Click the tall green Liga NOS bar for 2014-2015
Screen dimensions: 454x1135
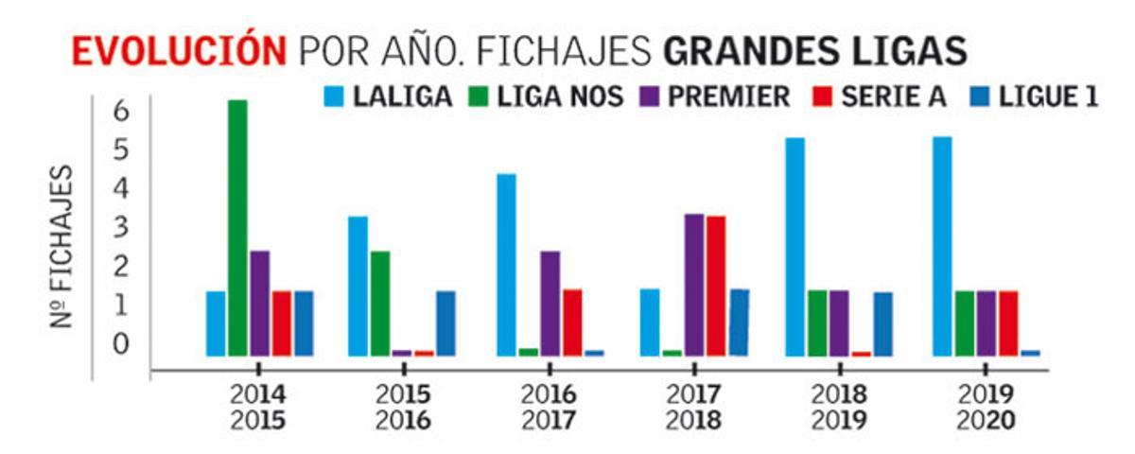coord(237,228)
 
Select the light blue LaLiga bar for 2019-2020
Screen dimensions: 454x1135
coord(941,247)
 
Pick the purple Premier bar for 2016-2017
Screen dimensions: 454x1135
coord(550,303)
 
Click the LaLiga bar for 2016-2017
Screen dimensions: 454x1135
coord(506,265)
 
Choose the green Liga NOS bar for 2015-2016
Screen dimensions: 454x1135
coord(380,303)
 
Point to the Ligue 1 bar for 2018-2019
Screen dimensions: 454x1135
coord(882,323)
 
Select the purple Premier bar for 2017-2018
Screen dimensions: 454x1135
coord(694,285)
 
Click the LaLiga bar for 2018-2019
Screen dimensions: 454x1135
coord(795,247)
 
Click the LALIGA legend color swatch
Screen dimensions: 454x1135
coord(334,96)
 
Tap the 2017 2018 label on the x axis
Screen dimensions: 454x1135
coord(694,407)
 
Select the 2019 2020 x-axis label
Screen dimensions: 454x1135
coord(985,407)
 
